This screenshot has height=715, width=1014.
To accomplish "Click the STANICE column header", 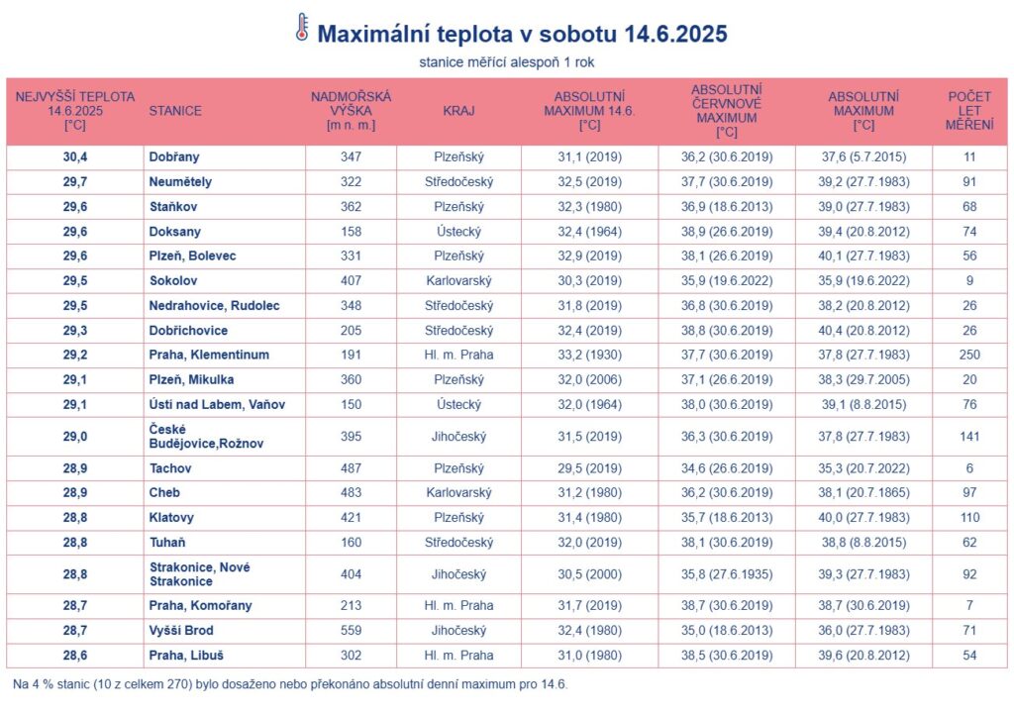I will (174, 111).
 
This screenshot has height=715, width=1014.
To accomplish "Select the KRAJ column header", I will (458, 111).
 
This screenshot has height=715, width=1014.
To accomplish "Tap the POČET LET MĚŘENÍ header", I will (968, 111).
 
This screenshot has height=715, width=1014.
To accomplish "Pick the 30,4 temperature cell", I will (75, 157).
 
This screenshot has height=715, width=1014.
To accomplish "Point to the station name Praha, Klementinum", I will (209, 355).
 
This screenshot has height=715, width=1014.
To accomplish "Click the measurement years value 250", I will (968, 355).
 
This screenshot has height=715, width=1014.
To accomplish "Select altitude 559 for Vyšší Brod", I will (351, 631).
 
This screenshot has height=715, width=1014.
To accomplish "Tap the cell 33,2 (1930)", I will (589, 355).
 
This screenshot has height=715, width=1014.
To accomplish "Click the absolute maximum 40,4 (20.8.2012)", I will (864, 330).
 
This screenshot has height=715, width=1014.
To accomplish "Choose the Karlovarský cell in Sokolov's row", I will (458, 280).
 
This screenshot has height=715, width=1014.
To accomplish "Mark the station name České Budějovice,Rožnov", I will (197, 436).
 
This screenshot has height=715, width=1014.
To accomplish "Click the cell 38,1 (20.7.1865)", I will (864, 493).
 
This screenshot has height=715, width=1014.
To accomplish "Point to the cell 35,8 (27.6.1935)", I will (727, 574).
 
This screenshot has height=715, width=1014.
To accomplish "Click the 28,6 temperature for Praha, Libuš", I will (75, 655).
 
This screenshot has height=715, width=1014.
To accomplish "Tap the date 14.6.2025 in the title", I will (676, 35).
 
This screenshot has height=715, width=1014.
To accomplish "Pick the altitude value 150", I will (351, 404).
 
